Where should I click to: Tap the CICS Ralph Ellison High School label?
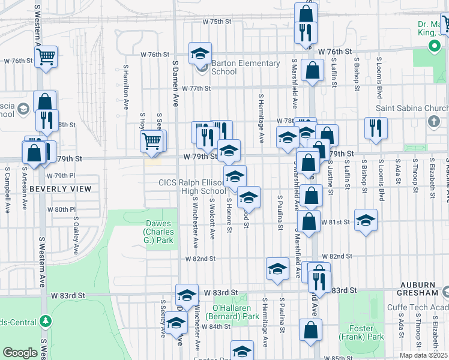click(x=191, y=187)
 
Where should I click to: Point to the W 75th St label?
click(x=217, y=21)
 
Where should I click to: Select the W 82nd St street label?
click(x=200, y=259)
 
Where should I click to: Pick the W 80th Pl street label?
click(x=61, y=209)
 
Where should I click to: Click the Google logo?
click(x=20, y=353)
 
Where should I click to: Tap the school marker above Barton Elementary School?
click(x=200, y=53)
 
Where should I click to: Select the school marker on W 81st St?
click(x=366, y=220)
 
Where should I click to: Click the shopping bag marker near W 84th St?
click(x=310, y=330)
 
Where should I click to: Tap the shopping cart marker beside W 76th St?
click(x=46, y=57)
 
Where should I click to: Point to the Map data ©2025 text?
click(x=423, y=355)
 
